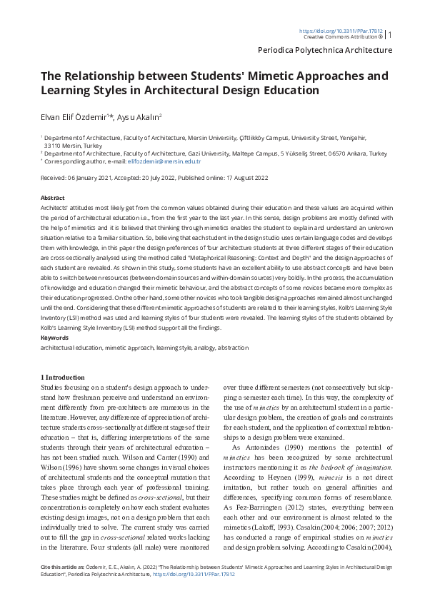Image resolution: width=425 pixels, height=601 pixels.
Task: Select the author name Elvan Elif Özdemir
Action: point(76,116)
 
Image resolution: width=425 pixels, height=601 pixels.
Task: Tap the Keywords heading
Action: point(55,337)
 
